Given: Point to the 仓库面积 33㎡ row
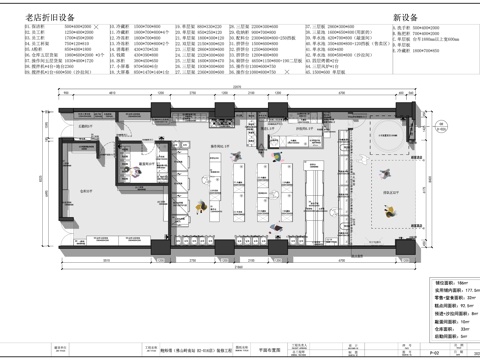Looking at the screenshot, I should (449, 327).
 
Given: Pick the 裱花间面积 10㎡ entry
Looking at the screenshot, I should (449, 317).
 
